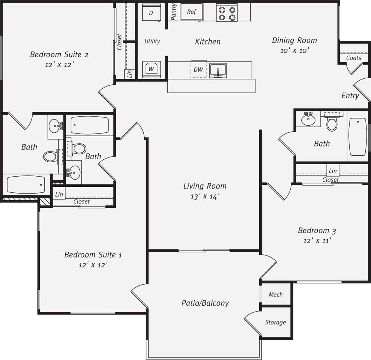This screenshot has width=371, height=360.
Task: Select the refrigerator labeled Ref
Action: tap(191, 12)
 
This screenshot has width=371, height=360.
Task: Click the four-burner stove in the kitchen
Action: tap(227, 13)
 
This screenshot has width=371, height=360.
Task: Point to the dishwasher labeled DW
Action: tap(198, 69)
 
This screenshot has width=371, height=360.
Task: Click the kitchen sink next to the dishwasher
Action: tap(218, 70)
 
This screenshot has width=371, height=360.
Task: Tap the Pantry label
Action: tap(174, 12)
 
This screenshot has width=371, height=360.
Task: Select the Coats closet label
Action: tap(353, 58)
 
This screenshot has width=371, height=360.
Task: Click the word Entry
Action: tap(350, 96)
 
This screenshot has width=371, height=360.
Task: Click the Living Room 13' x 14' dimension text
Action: tap(204, 196)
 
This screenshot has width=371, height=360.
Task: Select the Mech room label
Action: tap(275, 294)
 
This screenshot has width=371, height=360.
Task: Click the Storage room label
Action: tap(275, 322)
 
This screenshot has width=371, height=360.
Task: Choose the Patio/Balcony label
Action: tap(205, 303)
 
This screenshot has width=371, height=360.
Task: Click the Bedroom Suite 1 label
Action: tap(93, 255)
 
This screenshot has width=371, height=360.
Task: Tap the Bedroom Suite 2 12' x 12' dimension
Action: tap(59, 64)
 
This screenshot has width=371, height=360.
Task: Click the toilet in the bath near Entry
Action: tap(332, 123)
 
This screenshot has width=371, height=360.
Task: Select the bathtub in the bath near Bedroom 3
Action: tap(357, 136)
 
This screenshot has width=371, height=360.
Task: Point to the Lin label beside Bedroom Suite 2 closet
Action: tap(129, 73)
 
